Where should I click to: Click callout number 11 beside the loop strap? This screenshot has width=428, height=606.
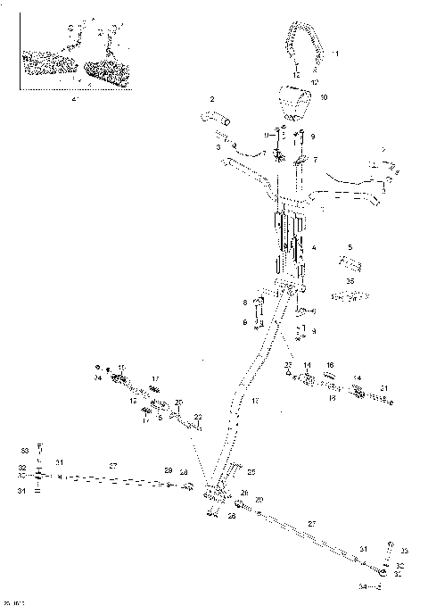pos(335,54)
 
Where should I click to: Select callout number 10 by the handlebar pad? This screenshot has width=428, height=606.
pos(323,96)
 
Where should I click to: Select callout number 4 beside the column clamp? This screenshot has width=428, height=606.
pos(312,245)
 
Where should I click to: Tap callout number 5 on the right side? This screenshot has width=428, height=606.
pos(350,246)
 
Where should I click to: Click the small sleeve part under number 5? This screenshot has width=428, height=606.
pos(350,265)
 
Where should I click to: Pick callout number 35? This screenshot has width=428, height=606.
pos(350,280)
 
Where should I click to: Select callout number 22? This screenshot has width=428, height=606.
pos(198,418)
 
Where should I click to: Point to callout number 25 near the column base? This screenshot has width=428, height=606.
pos(251,471)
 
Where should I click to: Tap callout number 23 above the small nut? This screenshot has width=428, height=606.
pos(288,366)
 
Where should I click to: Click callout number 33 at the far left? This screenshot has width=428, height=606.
pos(25,449)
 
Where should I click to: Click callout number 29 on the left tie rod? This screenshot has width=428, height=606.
pos(167,470)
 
